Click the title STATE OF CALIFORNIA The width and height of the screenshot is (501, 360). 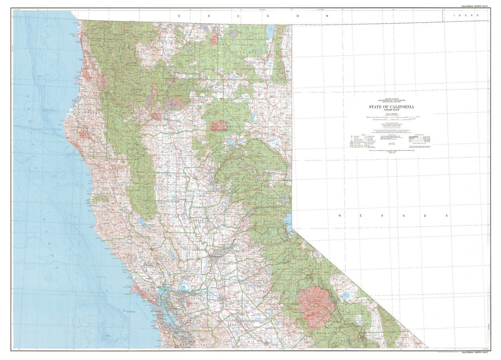[x=391, y=107]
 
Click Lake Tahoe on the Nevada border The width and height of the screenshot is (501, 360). [x=287, y=220]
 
